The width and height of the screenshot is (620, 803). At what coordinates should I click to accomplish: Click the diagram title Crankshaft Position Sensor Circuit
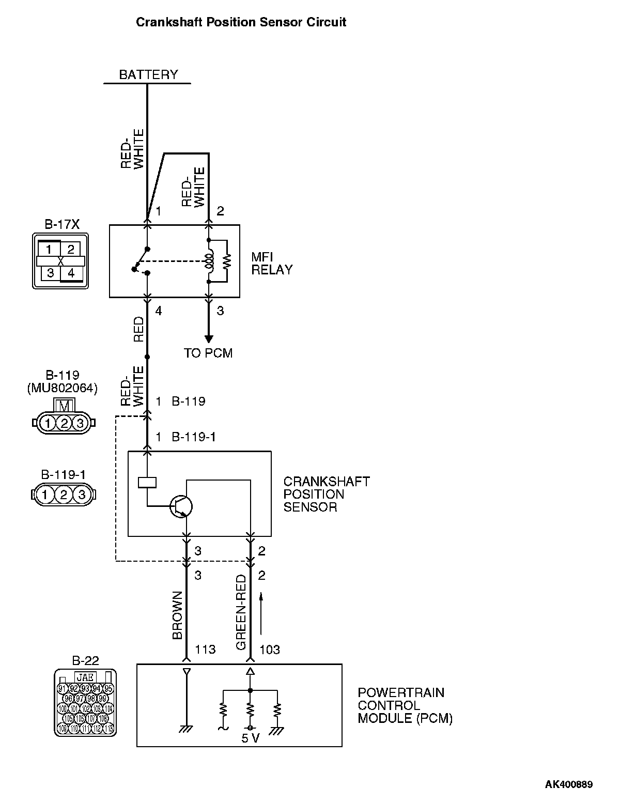[241, 22]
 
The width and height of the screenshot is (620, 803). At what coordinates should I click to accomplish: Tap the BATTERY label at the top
[148, 75]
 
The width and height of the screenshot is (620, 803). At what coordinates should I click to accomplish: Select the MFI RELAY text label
[272, 263]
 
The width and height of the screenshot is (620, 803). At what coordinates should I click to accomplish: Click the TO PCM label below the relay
[208, 353]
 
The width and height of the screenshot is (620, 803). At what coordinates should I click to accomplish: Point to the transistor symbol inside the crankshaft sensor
[181, 507]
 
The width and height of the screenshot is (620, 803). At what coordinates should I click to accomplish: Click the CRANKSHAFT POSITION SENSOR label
[327, 494]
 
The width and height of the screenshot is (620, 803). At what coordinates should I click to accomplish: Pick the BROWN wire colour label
[177, 615]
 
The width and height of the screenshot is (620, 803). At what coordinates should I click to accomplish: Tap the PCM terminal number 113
[205, 650]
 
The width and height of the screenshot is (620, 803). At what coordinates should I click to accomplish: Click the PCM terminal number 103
[269, 650]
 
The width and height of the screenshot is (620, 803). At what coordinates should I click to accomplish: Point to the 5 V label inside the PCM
[251, 738]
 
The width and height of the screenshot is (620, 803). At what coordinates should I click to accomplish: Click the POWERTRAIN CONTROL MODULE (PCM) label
[405, 705]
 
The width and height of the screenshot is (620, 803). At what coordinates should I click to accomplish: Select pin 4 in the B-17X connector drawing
[71, 273]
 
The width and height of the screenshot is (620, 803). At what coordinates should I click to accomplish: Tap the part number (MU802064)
[62, 388]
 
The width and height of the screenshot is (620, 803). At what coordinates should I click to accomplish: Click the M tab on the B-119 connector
[65, 406]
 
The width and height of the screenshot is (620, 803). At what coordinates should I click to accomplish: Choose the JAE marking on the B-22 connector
[85, 677]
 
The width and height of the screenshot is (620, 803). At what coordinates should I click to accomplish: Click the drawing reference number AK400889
[569, 784]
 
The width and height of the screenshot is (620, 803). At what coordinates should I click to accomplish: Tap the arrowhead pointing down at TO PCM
[208, 339]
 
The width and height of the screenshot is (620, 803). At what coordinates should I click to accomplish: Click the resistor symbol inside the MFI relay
[226, 261]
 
